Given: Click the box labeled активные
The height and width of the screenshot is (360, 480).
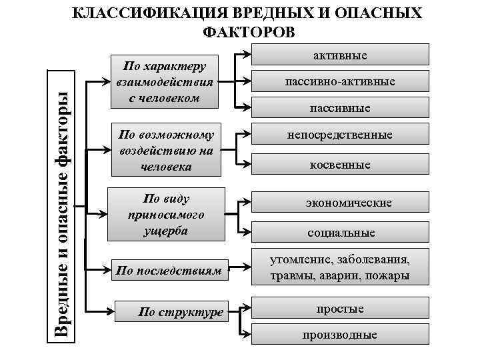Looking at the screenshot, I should click(x=340, y=55).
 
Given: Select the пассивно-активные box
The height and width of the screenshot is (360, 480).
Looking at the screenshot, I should click(x=340, y=81).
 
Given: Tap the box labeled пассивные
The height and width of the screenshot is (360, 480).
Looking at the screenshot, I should click(x=340, y=107).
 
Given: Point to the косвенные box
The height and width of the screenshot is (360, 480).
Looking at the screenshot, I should click(x=340, y=164).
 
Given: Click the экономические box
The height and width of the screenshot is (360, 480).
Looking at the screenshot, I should click(x=340, y=202).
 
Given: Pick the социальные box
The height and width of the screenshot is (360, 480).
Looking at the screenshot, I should click(x=340, y=233).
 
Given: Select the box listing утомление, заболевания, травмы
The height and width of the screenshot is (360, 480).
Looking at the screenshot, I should click(x=340, y=267).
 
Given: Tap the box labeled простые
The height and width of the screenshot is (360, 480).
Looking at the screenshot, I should click(x=340, y=309).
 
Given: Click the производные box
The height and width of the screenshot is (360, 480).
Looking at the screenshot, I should click(x=340, y=335).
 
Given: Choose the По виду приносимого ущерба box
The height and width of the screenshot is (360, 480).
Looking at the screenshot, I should click(x=164, y=215).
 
